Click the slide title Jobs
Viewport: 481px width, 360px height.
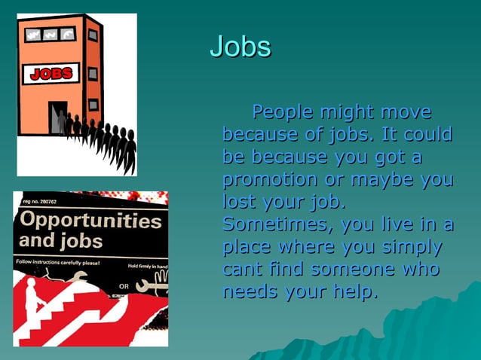(x=240, y=47)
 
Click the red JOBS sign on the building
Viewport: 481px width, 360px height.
(x=51, y=73)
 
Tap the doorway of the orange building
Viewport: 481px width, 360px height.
(x=59, y=117)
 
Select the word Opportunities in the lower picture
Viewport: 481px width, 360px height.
(x=90, y=221)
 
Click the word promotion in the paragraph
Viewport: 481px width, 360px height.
(x=269, y=180)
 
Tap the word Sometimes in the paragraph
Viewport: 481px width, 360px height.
(x=277, y=224)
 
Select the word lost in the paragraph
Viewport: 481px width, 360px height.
(x=239, y=202)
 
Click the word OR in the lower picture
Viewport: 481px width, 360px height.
(x=124, y=287)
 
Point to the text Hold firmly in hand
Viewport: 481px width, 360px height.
(x=147, y=267)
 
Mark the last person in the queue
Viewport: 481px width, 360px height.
(x=130, y=151)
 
